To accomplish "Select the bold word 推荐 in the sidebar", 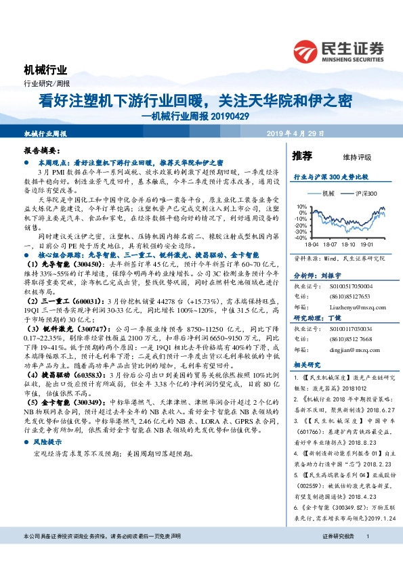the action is pyautogui.click(x=302, y=156).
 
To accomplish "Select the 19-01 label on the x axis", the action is pyautogui.click(x=367, y=244).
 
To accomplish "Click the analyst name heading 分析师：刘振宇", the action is pyautogui.click(x=316, y=276).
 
